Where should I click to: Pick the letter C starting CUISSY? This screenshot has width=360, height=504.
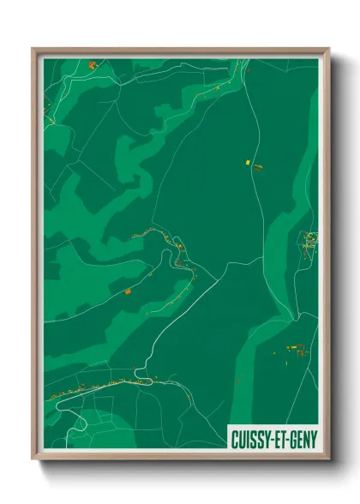[x=235, y=439]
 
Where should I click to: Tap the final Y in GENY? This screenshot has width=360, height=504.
[x=311, y=439]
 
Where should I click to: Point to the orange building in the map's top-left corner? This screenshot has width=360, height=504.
[x=92, y=64]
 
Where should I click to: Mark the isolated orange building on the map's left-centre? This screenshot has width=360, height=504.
[x=128, y=292]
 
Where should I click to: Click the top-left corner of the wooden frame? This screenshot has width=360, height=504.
[x=33, y=50]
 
